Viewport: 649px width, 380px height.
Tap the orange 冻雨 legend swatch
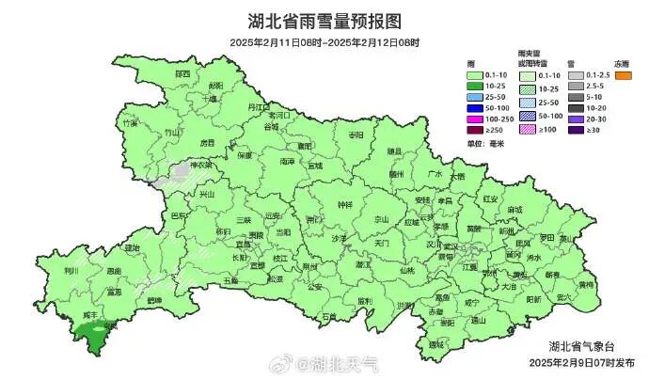pos(622,74)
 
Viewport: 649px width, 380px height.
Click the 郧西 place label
pos(181,73)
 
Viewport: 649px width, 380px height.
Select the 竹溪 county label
pos(131,122)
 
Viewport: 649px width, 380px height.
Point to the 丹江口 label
pos(258,108)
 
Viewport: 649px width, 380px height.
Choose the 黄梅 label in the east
pos(584,283)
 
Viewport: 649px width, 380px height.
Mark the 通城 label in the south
pos(435,345)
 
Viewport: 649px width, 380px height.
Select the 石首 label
pos(328,317)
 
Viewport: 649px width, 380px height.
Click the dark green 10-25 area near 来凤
pos(92,334)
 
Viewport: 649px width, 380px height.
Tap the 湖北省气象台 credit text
pos(582,346)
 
